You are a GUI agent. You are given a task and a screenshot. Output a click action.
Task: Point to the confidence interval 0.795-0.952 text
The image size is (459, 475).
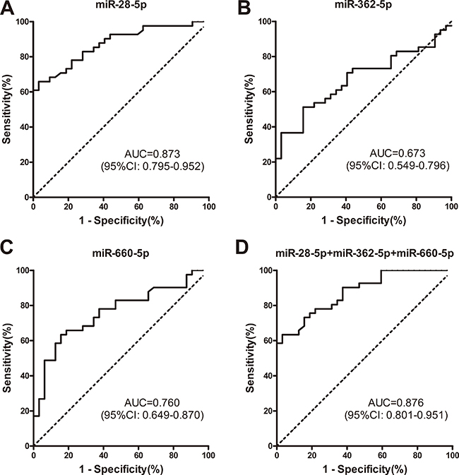pyautogui.click(x=160, y=167)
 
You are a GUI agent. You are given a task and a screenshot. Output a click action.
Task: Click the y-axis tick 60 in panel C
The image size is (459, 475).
pyautogui.click(x=24, y=340)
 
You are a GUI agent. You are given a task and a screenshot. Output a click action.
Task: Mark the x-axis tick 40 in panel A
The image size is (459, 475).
pyautogui.click(x=103, y=208)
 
